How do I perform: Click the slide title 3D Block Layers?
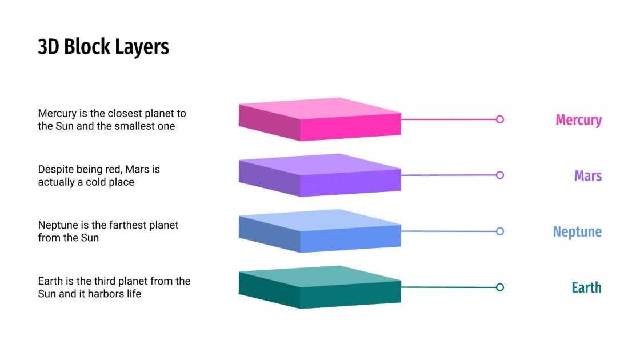[103, 47]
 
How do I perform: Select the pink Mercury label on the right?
[578, 120]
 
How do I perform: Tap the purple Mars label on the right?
[588, 175]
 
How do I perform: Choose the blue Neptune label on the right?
[577, 231]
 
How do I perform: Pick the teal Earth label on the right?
[586, 287]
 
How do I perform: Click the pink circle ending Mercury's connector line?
[500, 119]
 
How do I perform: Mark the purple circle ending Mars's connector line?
[500, 175]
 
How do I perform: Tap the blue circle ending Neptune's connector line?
[500, 231]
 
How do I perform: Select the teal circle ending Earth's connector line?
[500, 287]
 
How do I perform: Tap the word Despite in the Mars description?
[56, 170]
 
